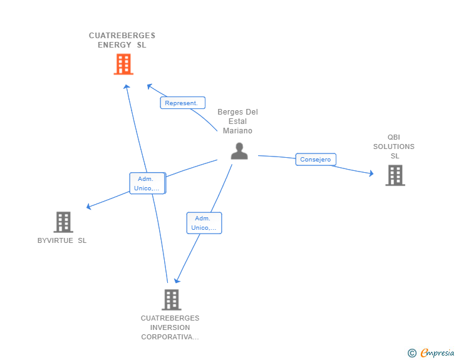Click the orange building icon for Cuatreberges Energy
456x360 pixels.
point(123,64)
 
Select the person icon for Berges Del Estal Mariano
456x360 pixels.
point(239,151)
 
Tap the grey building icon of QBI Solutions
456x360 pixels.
point(395,175)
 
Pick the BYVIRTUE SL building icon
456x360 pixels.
point(63,222)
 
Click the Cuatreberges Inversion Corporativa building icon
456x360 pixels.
point(171,299)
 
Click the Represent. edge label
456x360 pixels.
point(182,103)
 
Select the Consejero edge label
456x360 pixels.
point(316,160)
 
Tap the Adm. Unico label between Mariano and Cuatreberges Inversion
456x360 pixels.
point(204,223)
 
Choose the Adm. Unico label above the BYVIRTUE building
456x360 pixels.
point(147,183)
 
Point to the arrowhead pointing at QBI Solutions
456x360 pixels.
point(370,173)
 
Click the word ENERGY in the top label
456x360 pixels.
point(115,44)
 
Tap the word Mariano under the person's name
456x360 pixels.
point(237,131)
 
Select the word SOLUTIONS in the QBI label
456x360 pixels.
point(394,147)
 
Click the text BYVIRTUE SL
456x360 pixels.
point(62,240)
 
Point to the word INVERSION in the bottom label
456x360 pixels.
point(170,327)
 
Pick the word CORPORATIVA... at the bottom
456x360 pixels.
point(170,337)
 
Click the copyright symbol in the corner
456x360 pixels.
point(412,353)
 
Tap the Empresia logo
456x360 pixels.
point(437,353)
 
